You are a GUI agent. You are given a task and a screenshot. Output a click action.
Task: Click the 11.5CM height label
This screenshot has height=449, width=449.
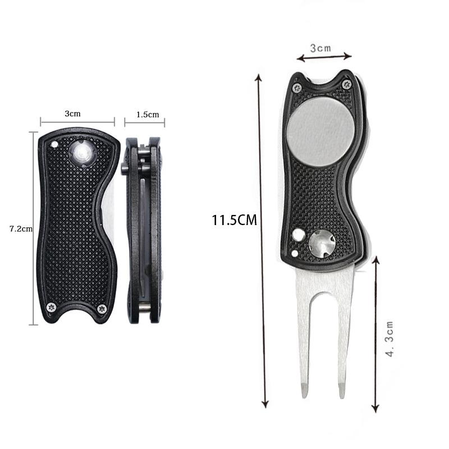(x=234, y=219)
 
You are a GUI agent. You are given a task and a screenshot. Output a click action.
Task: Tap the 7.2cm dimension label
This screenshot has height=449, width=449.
(x=21, y=228)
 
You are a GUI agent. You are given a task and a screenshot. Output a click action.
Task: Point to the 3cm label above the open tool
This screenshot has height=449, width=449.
(x=322, y=49)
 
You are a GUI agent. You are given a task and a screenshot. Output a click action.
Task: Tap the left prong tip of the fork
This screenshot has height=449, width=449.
(x=304, y=391)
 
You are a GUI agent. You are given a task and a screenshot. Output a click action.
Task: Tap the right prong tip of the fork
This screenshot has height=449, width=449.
(x=341, y=391)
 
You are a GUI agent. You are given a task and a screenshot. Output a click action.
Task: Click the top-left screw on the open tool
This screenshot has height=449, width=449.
(x=297, y=88)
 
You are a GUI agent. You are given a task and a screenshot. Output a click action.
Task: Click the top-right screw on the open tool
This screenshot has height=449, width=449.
(x=346, y=85)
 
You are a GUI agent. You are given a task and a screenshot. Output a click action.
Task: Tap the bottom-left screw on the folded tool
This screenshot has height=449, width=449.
(x=52, y=306)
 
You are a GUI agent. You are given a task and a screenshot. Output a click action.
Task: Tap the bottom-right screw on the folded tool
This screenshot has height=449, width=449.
(x=102, y=308)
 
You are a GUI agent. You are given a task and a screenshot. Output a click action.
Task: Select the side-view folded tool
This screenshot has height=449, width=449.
(x=144, y=230)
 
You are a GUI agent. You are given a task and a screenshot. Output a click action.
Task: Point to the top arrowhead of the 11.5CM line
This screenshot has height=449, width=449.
(x=258, y=77)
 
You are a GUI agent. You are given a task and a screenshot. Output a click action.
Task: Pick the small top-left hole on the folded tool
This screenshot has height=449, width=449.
(x=54, y=144)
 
